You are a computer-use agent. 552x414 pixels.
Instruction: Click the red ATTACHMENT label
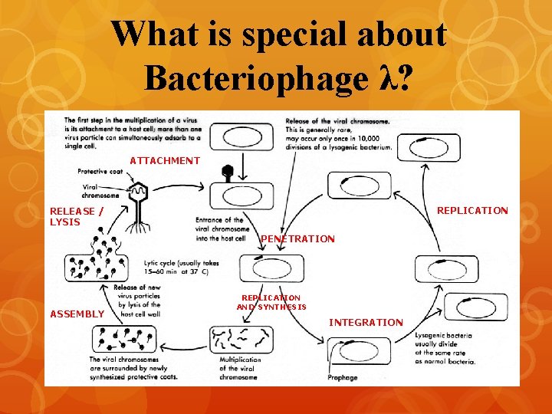pos(165,161)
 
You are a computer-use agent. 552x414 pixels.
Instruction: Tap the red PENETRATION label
pos(297,239)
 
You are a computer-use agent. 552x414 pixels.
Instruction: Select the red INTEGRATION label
pos(366,323)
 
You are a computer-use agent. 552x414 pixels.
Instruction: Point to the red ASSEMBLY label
pos(77,314)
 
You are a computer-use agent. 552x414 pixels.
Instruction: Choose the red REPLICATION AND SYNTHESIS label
pos(271,302)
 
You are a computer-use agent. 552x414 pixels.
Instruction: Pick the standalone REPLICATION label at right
pos(472,211)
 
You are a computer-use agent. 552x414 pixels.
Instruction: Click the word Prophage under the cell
pos(342,378)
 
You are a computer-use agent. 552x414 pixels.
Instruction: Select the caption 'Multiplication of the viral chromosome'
pos(240,368)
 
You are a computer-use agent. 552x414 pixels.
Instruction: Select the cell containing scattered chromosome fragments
pos(240,338)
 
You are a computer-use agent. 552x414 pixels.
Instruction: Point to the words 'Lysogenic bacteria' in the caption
pos(444,336)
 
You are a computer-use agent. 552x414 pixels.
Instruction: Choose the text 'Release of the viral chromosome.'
pos(337,121)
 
